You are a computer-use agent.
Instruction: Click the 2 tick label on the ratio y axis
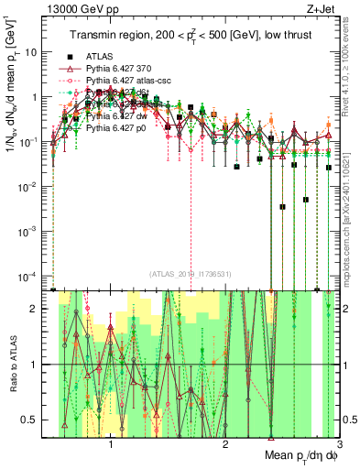point(40,308)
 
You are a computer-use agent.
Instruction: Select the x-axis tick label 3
point(339,446)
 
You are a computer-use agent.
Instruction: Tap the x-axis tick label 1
point(111,446)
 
